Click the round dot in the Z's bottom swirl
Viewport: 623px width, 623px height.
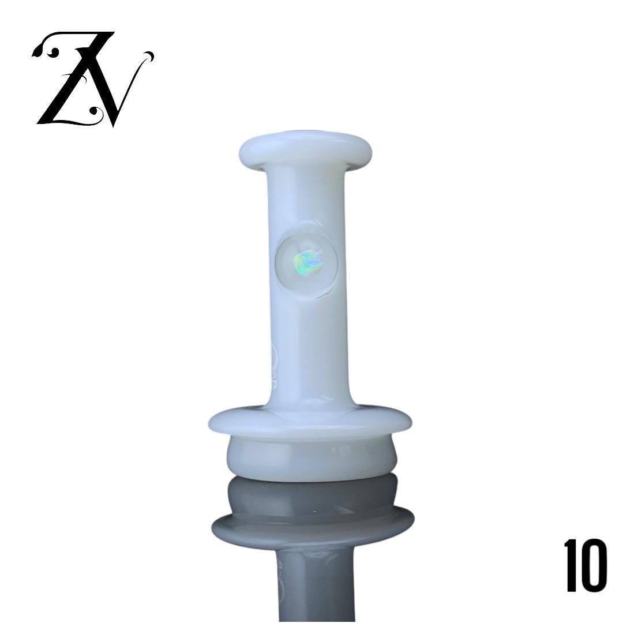point(95,110)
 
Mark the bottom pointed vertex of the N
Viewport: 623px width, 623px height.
point(114,125)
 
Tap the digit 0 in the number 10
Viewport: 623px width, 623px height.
point(595,565)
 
